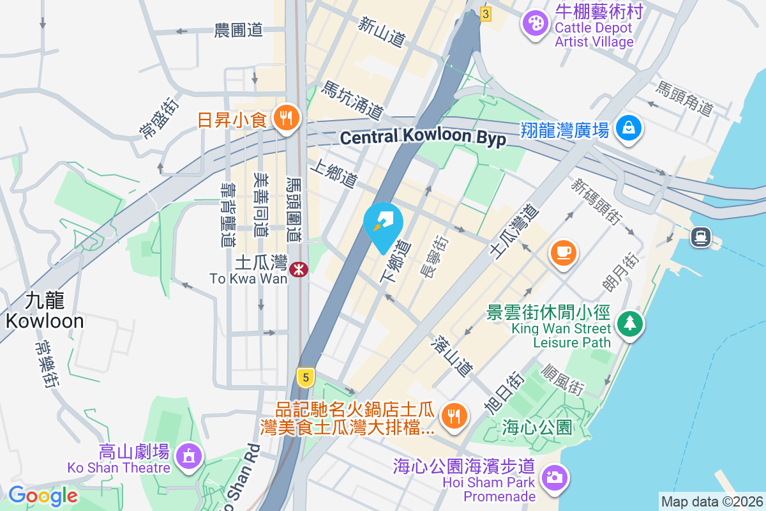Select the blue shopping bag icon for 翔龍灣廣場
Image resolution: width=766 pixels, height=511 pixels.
tap(629, 128)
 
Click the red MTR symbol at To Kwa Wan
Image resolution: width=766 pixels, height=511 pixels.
tap(298, 270)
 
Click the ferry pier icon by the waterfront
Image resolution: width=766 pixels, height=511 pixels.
tap(700, 237)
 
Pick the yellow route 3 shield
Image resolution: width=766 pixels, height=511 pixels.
tap(486, 13)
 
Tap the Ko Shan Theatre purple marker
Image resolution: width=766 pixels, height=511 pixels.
tap(188, 456)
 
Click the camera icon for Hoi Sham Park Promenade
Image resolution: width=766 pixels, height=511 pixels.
tap(553, 477)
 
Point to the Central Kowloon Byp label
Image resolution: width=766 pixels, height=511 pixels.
tap(423, 137)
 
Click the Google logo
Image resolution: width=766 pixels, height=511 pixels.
tap(43, 496)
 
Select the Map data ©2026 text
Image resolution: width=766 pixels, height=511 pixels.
tap(712, 501)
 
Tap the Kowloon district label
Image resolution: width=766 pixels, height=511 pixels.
tap(45, 310)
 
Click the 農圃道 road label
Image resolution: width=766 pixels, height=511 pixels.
tap(239, 30)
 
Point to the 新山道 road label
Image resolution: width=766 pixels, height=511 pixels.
tap(382, 31)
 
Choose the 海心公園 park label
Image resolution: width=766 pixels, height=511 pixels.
tap(537, 427)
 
